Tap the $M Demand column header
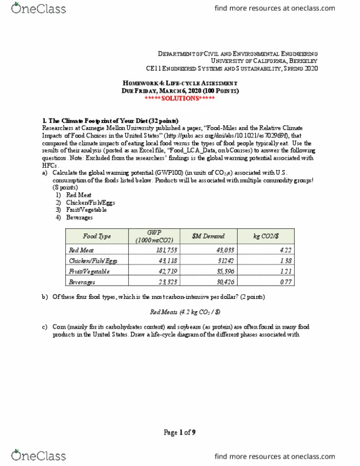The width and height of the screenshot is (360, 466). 216,236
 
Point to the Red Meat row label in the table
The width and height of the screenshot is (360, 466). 80,249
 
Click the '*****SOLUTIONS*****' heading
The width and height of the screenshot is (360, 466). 180,98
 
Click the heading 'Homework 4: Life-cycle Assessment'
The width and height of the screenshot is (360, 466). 180,84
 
